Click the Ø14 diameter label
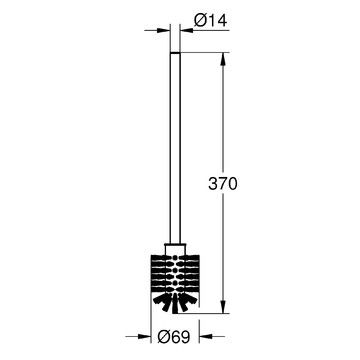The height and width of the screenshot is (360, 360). pos(210,21)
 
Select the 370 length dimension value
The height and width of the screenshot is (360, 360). pos(223,184)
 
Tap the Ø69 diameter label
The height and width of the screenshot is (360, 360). pos(174,337)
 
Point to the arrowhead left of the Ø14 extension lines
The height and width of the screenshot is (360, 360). pos(163,30)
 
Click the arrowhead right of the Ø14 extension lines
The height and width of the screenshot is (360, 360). pos(187,30)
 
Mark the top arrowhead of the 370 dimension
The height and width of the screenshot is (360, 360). pos(223,59)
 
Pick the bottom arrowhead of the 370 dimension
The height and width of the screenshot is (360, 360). pos(223,307)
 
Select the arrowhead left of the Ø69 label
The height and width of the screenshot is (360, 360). pos(144,336)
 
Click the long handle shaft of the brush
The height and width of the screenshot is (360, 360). pos(175,148)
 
